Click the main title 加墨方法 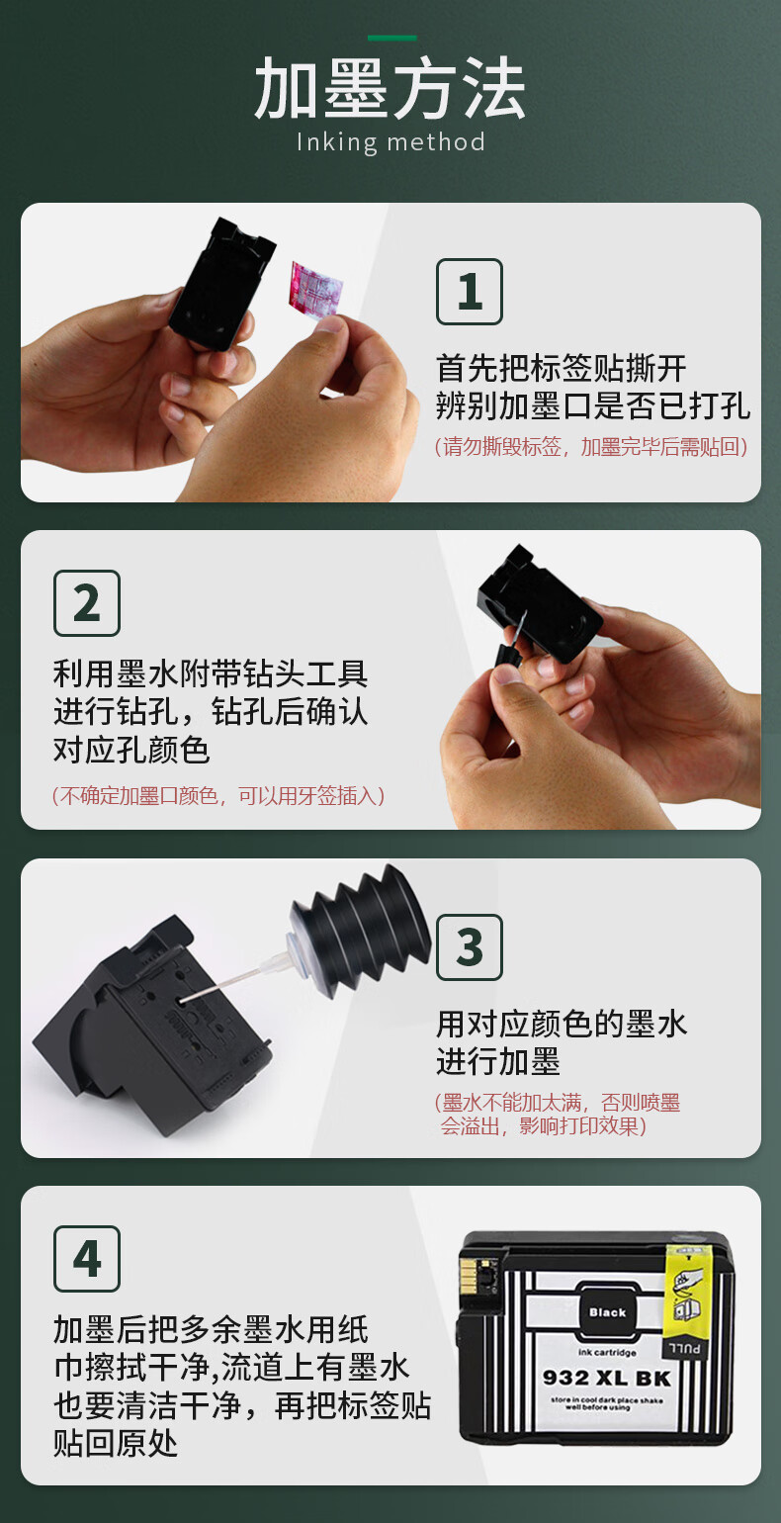[390, 89]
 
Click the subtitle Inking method [390, 142]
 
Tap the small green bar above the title [392, 38]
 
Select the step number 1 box [469, 292]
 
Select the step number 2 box [87, 603]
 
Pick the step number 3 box [469, 947]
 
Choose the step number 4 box [87, 1259]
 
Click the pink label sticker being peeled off [314, 289]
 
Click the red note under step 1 [591, 447]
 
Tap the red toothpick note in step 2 [218, 795]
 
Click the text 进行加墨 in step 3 [498, 1061]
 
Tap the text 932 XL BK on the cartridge [606, 1378]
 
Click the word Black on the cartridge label [607, 1312]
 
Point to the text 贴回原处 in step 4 [116, 1444]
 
